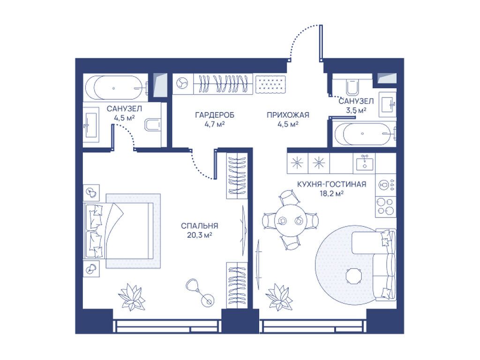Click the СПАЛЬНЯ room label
[199, 226]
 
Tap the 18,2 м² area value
[331, 194]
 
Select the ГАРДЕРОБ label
[215, 115]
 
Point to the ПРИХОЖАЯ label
[288, 115]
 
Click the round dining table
[290, 220]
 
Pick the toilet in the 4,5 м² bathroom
[153, 125]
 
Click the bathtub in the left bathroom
[116, 88]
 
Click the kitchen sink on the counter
[364, 162]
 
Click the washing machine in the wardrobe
[183, 83]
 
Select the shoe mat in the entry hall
[271, 83]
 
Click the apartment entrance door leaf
[321, 43]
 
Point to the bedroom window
[167, 326]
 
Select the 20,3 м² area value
[199, 235]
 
